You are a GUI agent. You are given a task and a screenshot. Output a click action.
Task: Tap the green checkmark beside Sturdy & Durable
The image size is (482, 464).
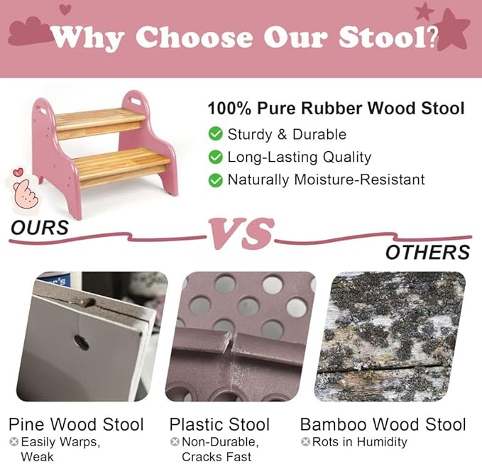215,134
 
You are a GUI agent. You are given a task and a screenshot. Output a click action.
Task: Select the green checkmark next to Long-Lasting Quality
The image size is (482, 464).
215,157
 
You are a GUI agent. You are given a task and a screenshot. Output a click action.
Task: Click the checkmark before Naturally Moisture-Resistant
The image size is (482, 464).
215,179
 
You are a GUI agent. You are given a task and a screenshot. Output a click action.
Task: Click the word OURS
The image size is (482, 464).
40,228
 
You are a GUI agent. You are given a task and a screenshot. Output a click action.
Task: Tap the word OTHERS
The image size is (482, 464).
427,252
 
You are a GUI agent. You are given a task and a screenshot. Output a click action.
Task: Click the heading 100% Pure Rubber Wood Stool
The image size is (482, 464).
336,109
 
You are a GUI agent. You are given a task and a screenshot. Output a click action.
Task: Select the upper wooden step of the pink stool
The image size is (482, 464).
99,118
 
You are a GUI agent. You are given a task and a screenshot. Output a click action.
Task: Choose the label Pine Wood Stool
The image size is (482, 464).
76,424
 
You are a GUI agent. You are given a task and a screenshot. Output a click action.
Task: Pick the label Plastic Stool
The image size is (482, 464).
219,424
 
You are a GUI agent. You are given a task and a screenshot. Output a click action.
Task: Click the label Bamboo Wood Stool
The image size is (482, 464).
383,424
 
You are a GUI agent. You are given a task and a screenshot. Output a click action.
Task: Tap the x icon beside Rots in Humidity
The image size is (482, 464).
305,441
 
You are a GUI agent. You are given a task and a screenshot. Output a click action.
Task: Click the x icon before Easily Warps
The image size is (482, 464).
13,441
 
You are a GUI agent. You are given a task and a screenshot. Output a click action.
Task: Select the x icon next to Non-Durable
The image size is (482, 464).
174,441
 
